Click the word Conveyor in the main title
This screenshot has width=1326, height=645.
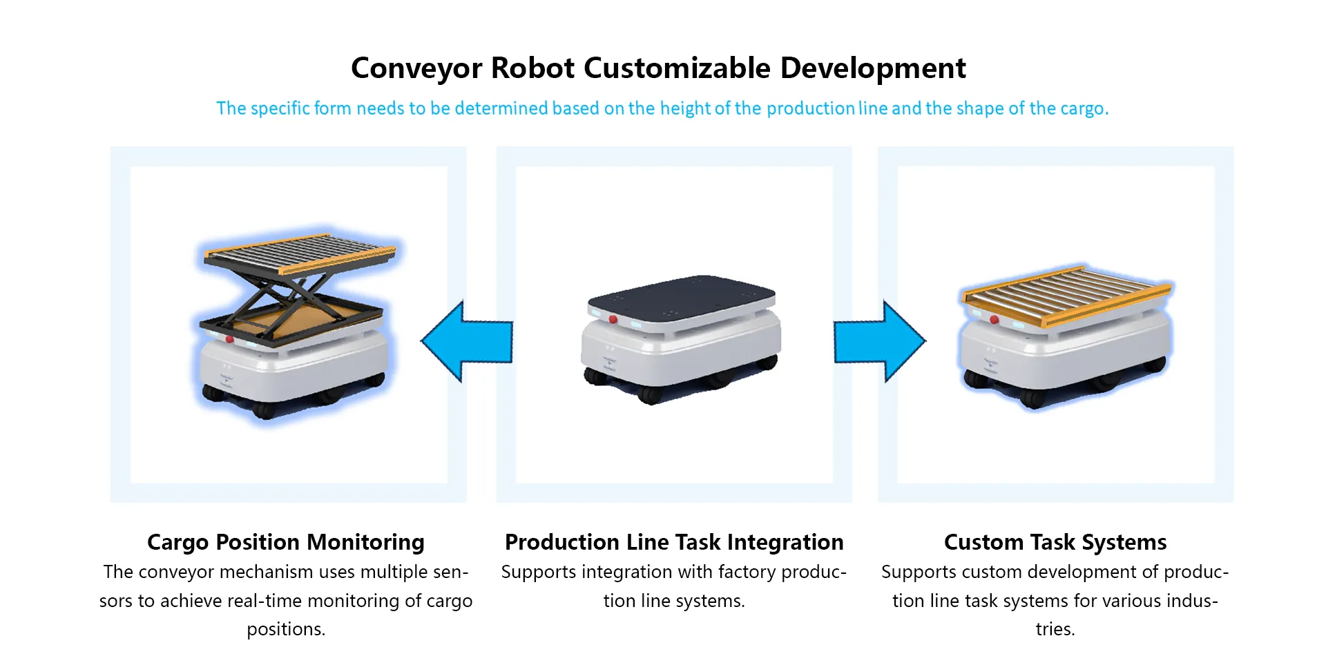(x=416, y=68)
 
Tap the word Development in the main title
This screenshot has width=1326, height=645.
(x=873, y=68)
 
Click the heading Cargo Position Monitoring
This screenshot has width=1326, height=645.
(x=285, y=542)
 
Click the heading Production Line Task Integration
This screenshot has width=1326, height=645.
(x=673, y=542)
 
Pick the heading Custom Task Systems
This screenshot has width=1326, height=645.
(x=1055, y=542)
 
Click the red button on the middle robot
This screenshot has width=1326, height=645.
(x=613, y=320)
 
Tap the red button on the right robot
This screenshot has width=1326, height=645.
(x=995, y=320)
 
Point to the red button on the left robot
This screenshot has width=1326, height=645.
(x=230, y=339)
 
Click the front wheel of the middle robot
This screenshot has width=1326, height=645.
(x=649, y=395)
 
